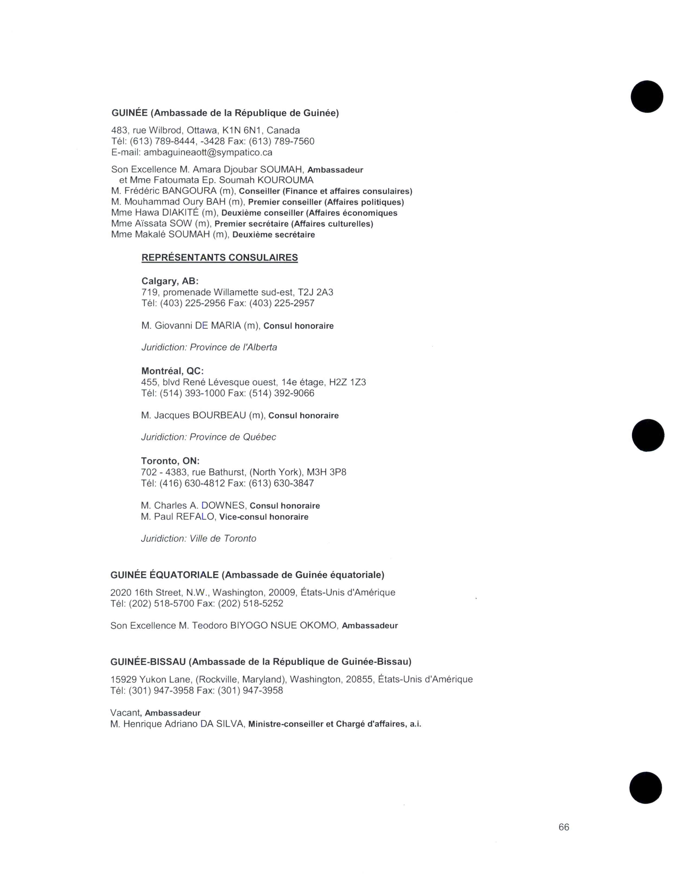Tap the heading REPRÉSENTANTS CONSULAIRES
(x=219, y=257)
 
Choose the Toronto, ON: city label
(x=170, y=461)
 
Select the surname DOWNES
(x=223, y=506)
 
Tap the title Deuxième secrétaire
(x=273, y=235)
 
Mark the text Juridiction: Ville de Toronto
(x=199, y=538)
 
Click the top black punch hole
(x=647, y=97)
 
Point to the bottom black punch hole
(x=645, y=788)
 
